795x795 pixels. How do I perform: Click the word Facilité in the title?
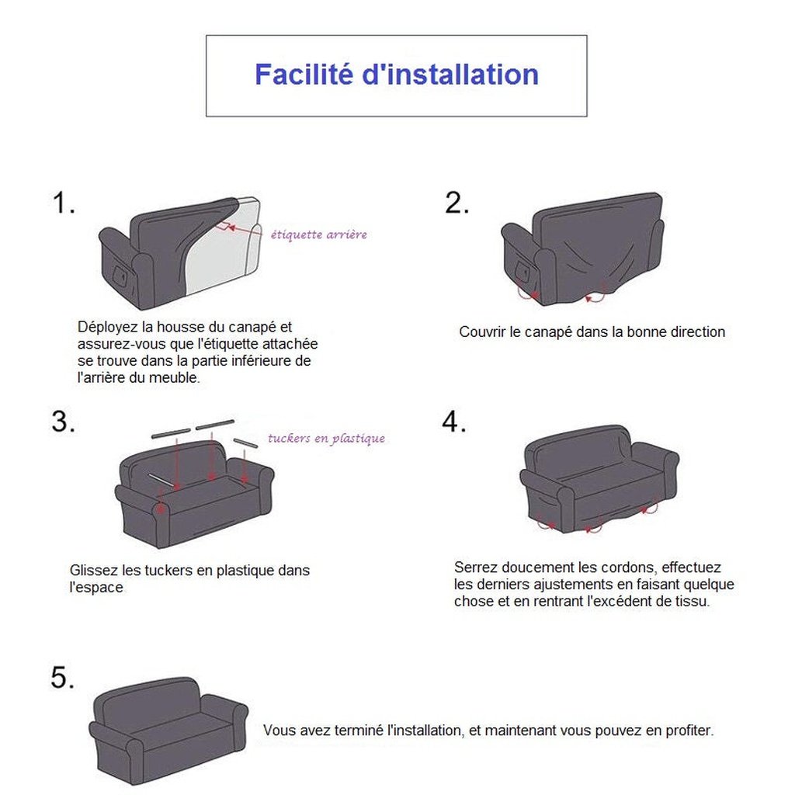[304, 74]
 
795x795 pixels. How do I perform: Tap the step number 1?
[64, 203]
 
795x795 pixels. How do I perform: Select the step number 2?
[457, 203]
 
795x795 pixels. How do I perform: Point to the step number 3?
[63, 422]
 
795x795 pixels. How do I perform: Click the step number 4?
[453, 422]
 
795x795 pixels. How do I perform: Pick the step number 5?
[62, 677]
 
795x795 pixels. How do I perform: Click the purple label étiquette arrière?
[318, 234]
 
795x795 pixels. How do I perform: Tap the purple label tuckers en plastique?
[326, 438]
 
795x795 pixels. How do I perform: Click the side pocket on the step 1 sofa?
[120, 276]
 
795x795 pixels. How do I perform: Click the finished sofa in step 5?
[168, 731]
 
